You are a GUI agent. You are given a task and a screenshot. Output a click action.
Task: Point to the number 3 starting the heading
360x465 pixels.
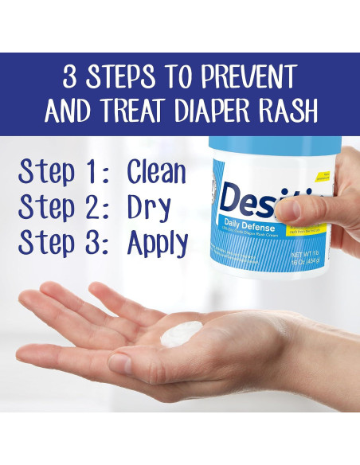72,78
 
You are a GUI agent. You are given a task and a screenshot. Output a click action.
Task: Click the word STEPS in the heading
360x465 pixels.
120,78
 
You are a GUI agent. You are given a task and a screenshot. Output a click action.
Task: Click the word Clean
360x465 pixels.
156,173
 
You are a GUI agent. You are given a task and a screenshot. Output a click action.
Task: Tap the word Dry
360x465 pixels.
148,207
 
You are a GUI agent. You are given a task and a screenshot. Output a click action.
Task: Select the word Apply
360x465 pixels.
158,243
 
